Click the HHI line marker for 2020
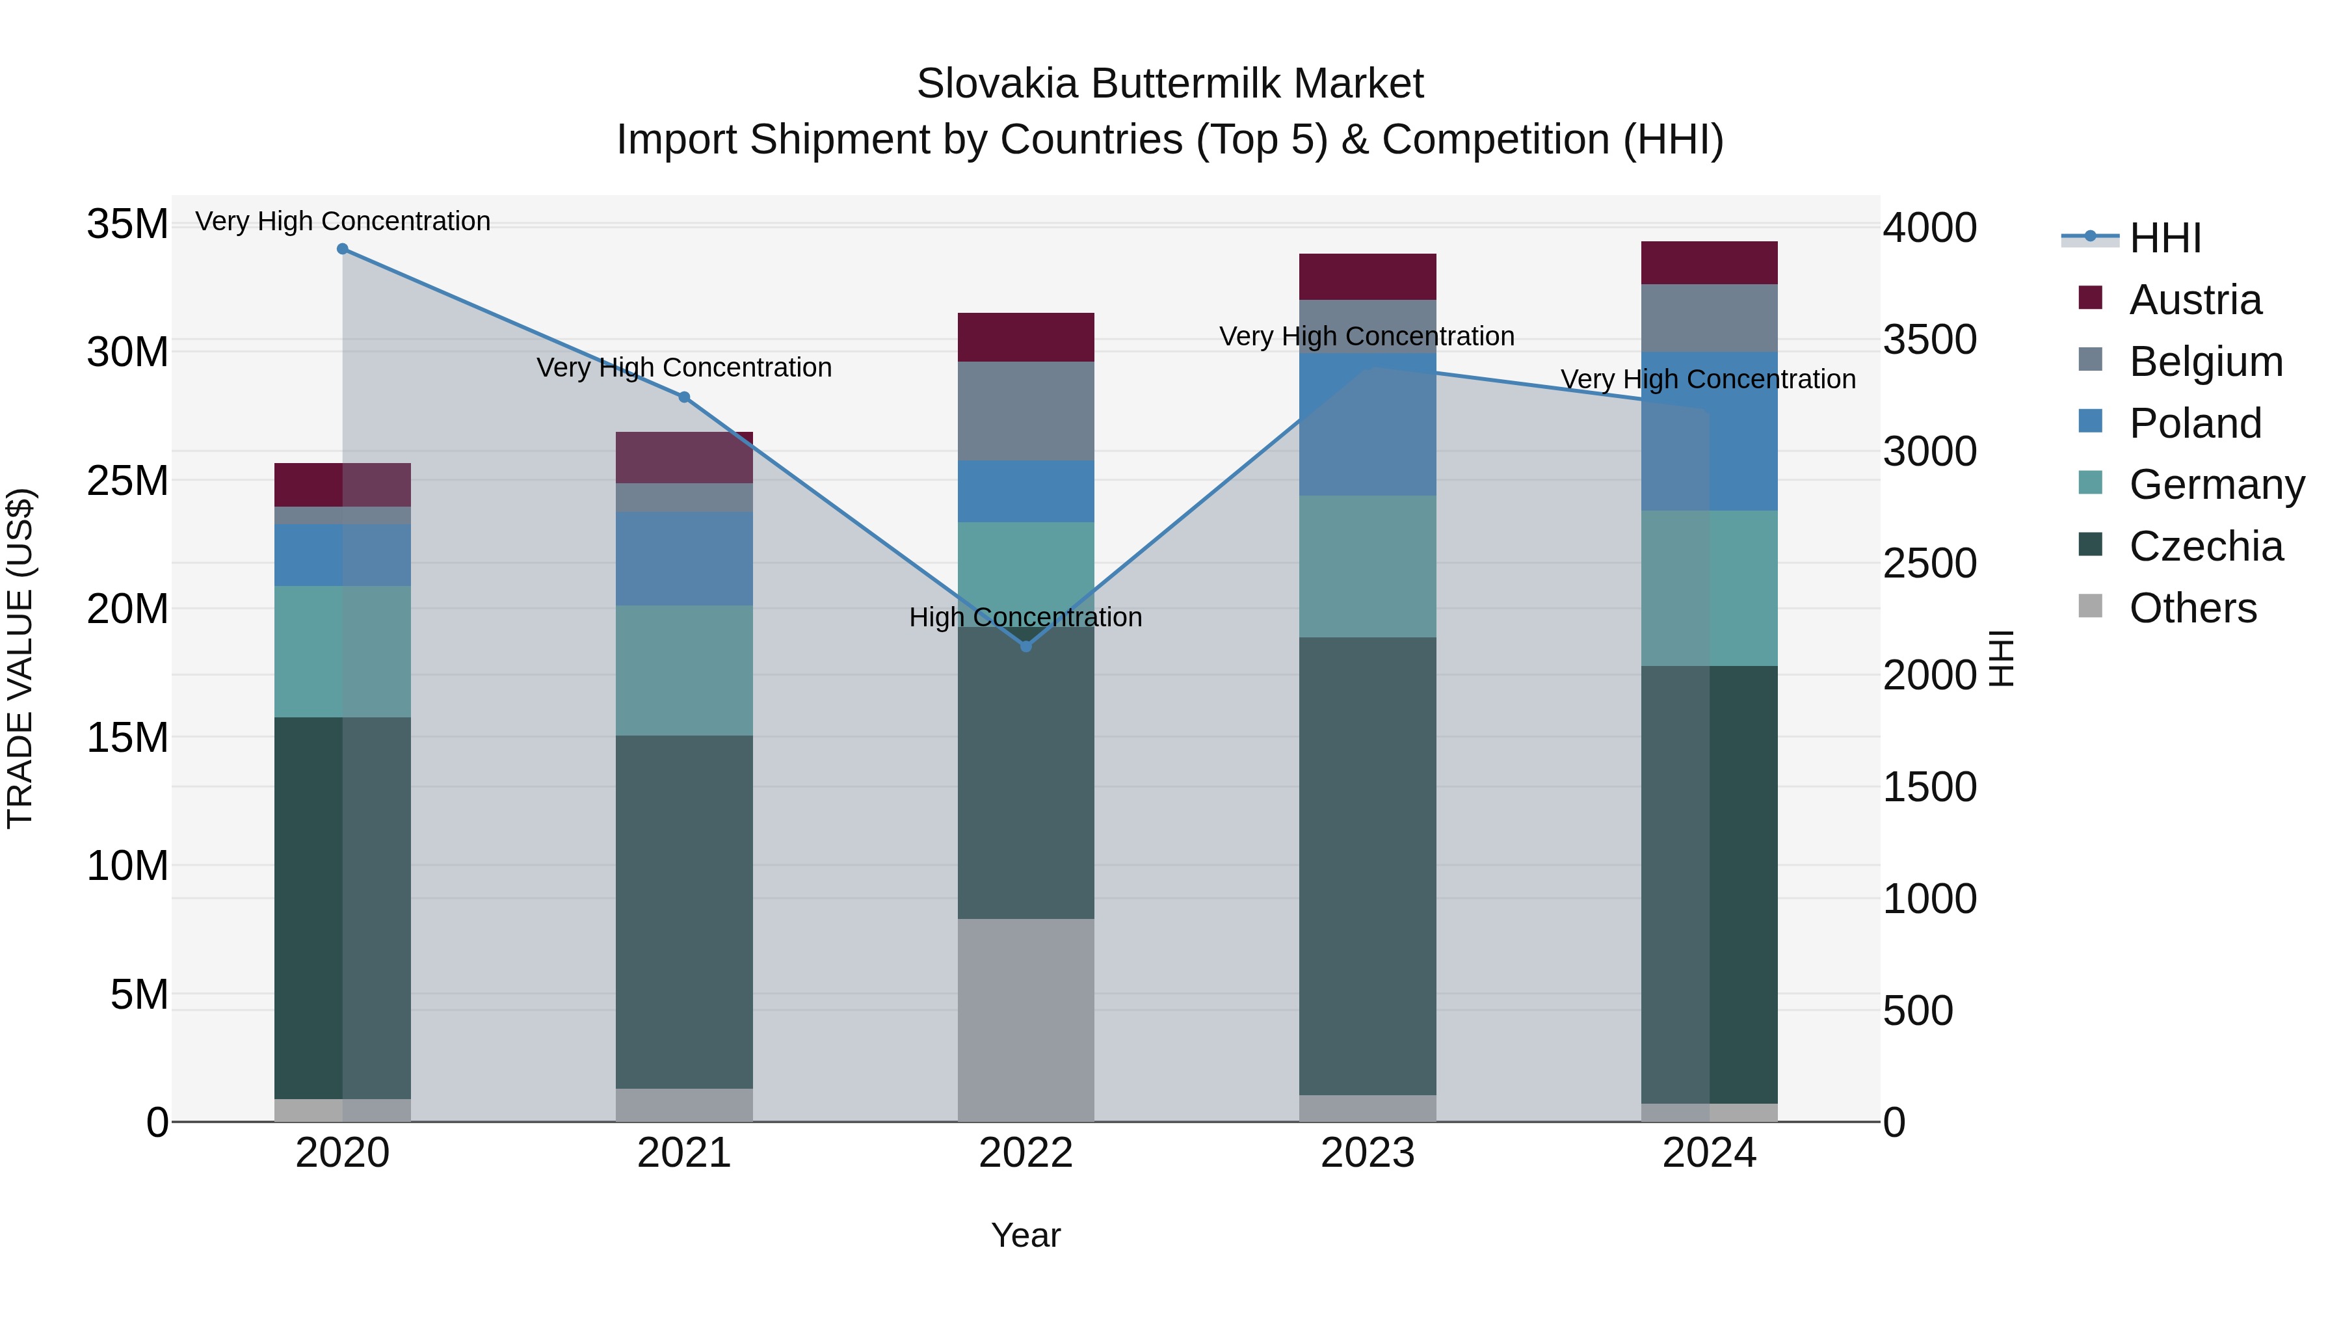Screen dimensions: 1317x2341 pyautogui.click(x=343, y=249)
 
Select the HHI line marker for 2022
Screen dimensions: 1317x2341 pyautogui.click(x=1026, y=646)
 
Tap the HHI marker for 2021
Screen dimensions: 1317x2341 pyautogui.click(x=684, y=397)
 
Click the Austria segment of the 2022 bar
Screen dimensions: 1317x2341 pyautogui.click(x=1026, y=337)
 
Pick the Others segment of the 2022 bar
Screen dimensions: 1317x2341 pyautogui.click(x=1026, y=1019)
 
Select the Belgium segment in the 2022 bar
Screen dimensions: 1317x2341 pyautogui.click(x=1026, y=411)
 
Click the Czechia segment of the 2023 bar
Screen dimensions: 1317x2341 pyautogui.click(x=1368, y=865)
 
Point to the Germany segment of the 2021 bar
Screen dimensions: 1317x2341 pyautogui.click(x=684, y=670)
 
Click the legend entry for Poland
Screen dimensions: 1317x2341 pyautogui.click(x=2194, y=423)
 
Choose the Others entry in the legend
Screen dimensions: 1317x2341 pyautogui.click(x=2192, y=608)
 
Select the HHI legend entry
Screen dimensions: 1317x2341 pyautogui.click(x=2163, y=238)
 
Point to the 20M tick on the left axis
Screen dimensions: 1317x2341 pyautogui.click(x=127, y=609)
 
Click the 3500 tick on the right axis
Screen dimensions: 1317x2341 pyautogui.click(x=1929, y=340)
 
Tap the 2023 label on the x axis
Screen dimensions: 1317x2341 pyautogui.click(x=1368, y=1153)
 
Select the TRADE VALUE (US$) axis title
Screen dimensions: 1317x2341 pyautogui.click(x=20, y=658)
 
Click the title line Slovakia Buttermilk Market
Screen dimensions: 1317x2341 pyautogui.click(x=1170, y=84)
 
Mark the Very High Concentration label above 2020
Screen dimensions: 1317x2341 pyautogui.click(x=343, y=221)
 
